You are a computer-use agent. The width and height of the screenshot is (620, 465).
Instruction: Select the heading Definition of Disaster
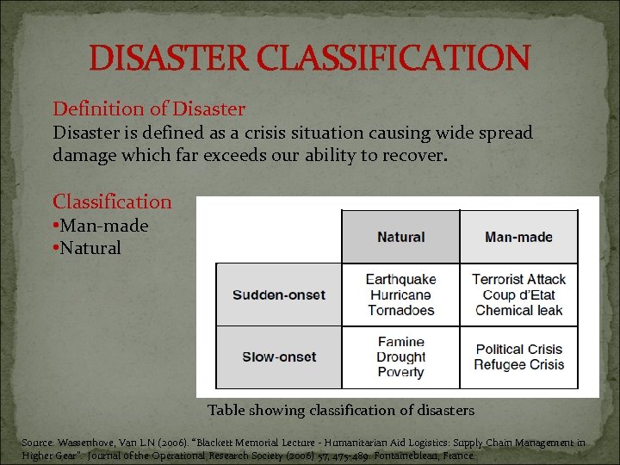click(149, 109)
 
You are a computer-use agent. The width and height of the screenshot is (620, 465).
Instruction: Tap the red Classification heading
click(112, 202)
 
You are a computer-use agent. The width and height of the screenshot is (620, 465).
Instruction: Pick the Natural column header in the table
click(400, 237)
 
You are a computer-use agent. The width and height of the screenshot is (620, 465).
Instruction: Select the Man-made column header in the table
click(518, 237)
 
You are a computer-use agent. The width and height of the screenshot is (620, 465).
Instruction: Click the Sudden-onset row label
click(278, 294)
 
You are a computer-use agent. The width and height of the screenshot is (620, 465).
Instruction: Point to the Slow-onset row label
click(278, 356)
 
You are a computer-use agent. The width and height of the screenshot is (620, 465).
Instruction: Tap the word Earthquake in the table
click(400, 279)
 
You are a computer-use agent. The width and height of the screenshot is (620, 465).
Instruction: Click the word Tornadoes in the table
click(400, 310)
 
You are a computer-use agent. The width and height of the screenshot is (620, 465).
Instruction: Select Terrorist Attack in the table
click(518, 279)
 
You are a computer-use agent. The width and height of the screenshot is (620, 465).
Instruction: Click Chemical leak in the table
click(518, 310)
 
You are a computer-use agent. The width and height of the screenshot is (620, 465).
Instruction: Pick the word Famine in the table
click(400, 342)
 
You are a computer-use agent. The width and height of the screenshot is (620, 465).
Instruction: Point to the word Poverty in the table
click(400, 372)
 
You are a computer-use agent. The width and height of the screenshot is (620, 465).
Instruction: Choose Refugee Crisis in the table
click(518, 364)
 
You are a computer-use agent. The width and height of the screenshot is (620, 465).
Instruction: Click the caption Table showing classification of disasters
click(340, 410)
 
